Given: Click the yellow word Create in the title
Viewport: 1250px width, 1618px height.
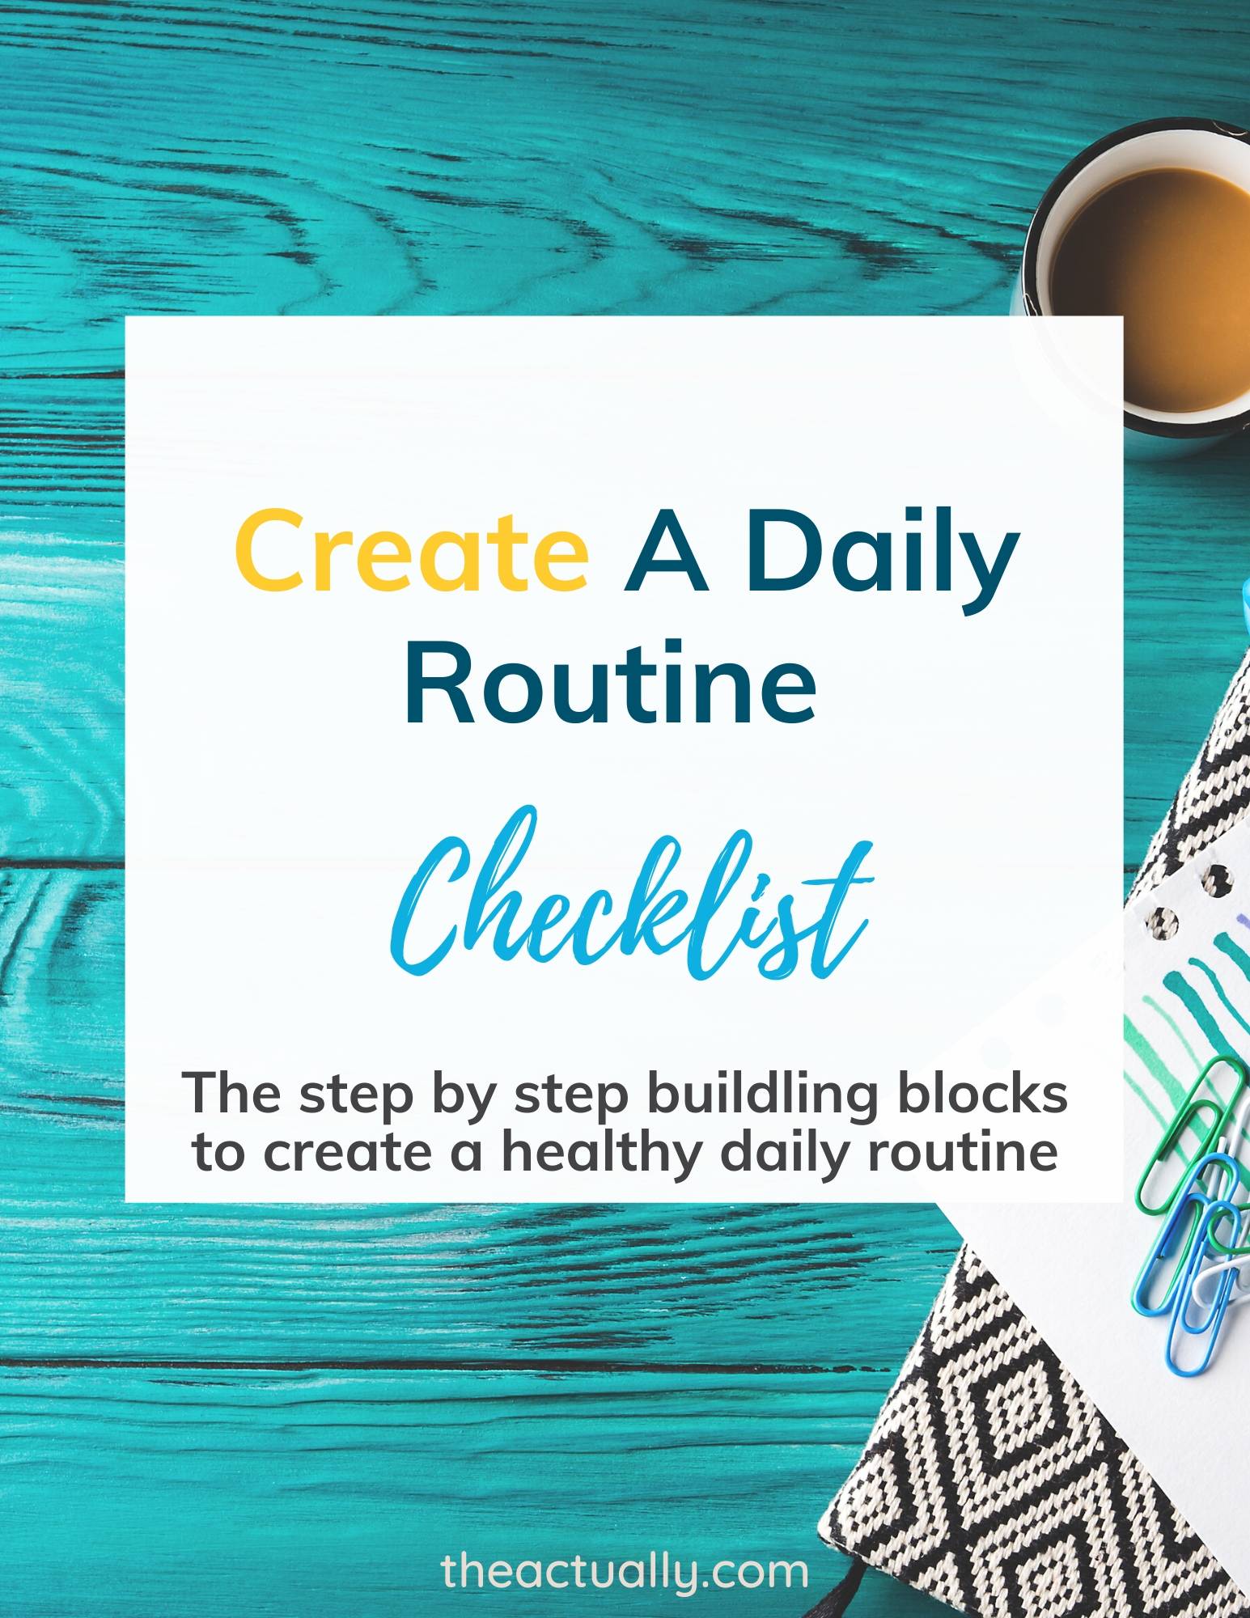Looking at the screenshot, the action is click(412, 559).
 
